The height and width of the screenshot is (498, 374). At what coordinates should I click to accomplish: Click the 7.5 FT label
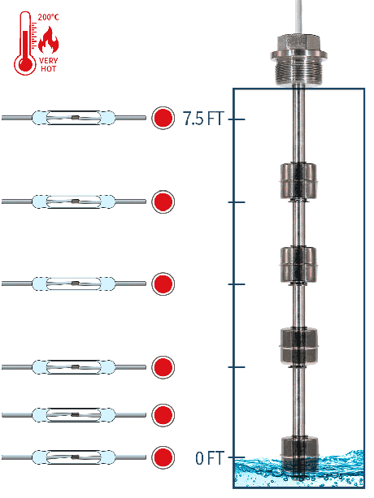click(x=203, y=119)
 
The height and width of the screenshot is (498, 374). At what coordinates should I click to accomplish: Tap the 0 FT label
click(x=210, y=458)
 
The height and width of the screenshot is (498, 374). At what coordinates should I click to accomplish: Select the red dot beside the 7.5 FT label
click(x=163, y=118)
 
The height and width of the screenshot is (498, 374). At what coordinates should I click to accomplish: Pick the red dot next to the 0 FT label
click(x=163, y=457)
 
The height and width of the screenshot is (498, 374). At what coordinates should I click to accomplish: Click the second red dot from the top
click(x=163, y=201)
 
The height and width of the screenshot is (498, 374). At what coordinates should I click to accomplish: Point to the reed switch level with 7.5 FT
click(x=74, y=118)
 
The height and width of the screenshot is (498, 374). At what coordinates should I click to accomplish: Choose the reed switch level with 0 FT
click(x=74, y=457)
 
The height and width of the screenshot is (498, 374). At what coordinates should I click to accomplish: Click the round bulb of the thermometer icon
click(x=24, y=63)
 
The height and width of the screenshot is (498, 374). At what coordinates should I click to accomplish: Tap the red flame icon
click(x=49, y=41)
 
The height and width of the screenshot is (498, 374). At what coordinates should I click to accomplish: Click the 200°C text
click(x=48, y=17)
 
